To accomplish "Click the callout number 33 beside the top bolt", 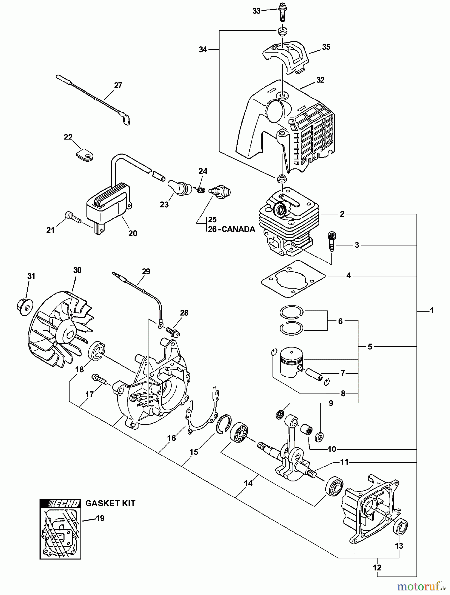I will pyautogui.click(x=256, y=11).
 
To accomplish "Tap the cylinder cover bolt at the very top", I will pyautogui.click(x=283, y=10).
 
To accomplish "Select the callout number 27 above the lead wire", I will pyautogui.click(x=118, y=85).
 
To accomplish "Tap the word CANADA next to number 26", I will pyautogui.click(x=238, y=229).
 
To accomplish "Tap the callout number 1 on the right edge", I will pyautogui.click(x=431, y=310).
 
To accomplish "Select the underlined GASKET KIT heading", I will pyautogui.click(x=110, y=503).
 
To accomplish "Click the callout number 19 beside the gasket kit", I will pyautogui.click(x=100, y=518).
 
